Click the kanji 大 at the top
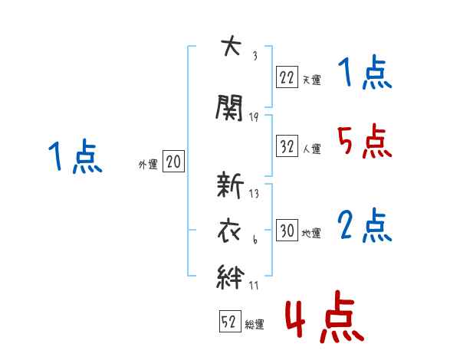pyautogui.click(x=232, y=45)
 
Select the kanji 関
pyautogui.click(x=229, y=107)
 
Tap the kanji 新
pyautogui.click(x=230, y=185)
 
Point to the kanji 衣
pyautogui.click(x=229, y=231)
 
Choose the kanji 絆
pyautogui.click(x=230, y=277)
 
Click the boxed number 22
pyautogui.click(x=287, y=77)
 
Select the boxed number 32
pyautogui.click(x=287, y=146)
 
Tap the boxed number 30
pyautogui.click(x=287, y=230)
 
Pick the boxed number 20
pyautogui.click(x=173, y=162)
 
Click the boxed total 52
pyautogui.click(x=230, y=321)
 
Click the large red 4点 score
pyautogui.click(x=325, y=316)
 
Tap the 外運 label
pyautogui.click(x=148, y=165)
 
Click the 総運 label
pyautogui.click(x=255, y=325)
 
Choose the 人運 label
pyautogui.click(x=312, y=149)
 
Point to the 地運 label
pyautogui.click(x=311, y=234)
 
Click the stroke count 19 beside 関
pyautogui.click(x=254, y=117)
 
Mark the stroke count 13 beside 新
pyautogui.click(x=254, y=194)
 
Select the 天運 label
pyautogui.click(x=312, y=80)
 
